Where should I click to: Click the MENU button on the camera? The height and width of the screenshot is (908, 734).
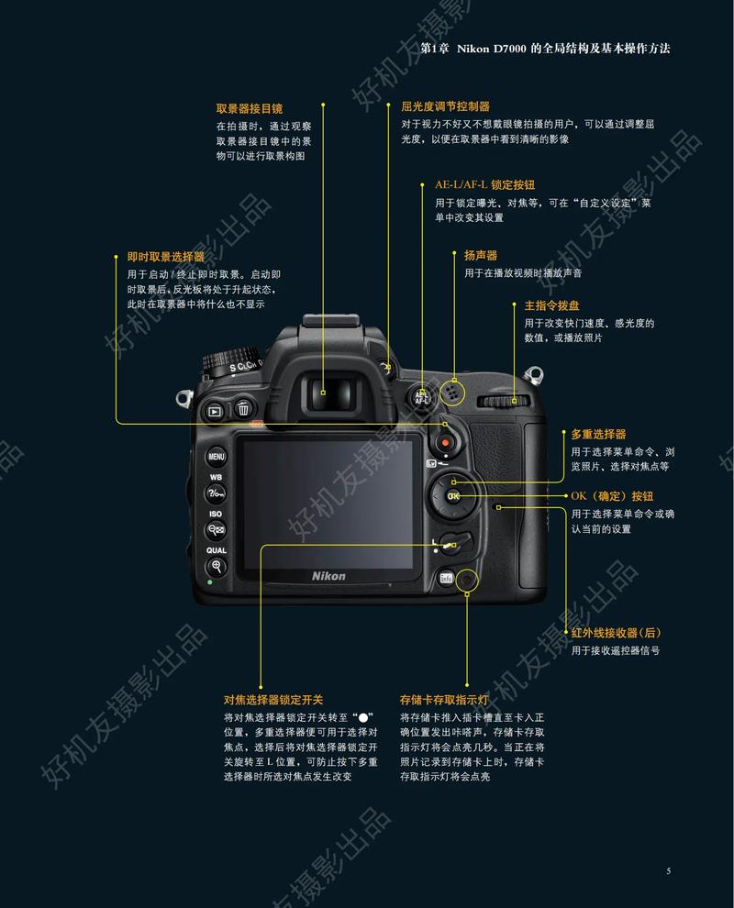point(217,456)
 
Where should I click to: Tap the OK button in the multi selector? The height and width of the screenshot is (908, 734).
point(453,495)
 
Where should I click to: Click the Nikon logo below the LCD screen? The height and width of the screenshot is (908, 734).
point(328,575)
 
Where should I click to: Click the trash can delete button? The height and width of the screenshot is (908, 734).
point(243,410)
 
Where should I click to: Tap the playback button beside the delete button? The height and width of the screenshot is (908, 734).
point(215,412)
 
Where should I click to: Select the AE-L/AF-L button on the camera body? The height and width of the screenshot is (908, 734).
point(422,395)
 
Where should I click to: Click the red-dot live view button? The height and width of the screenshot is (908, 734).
point(446,443)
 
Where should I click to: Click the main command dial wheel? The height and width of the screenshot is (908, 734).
point(504,400)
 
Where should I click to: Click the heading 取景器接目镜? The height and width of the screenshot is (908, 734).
point(249,108)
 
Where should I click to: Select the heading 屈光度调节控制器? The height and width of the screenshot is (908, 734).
point(445,106)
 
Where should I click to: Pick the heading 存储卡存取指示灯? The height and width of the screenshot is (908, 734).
point(444,699)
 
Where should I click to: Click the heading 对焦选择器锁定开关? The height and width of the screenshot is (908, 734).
point(273,699)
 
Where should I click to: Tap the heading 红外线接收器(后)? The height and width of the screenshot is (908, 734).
point(616,633)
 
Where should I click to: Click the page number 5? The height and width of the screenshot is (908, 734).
point(668,870)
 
